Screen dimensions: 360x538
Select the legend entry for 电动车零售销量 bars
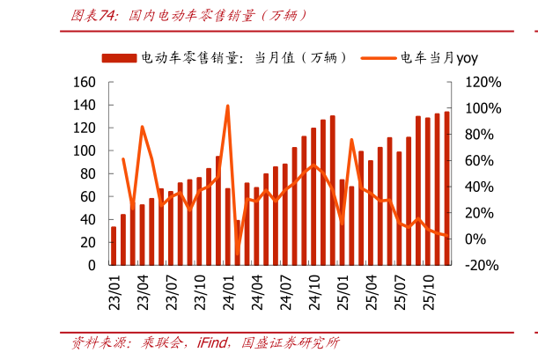coord(225,57)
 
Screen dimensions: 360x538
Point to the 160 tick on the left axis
coord(84,82)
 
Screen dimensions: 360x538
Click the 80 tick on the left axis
coord(87,173)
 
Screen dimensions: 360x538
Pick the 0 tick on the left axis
coord(92,264)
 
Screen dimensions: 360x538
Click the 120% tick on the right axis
coord(483,82)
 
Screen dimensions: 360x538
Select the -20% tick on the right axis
coord(482,264)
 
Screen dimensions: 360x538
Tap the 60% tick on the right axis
coord(483,160)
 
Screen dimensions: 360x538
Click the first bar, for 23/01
coord(114,246)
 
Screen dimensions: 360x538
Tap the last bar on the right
coord(446,188)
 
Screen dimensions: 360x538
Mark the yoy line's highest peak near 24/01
coord(228,107)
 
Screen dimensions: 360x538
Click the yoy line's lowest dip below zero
coord(238,253)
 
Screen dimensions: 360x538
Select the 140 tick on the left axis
coord(84,105)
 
